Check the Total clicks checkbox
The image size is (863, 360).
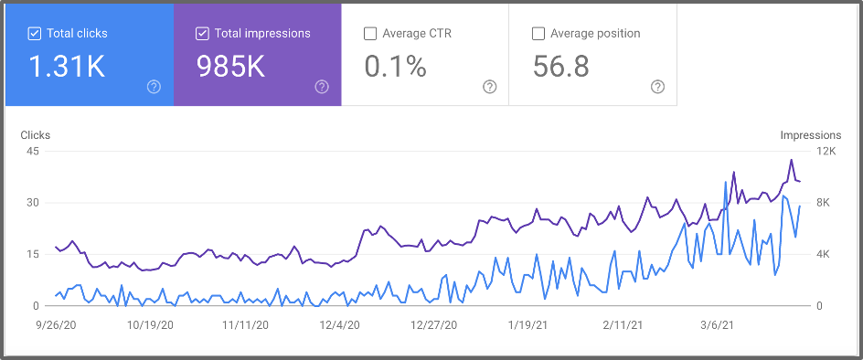click(x=35, y=34)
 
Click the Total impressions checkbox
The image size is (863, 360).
click(x=202, y=34)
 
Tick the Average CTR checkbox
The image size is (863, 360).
click(x=370, y=34)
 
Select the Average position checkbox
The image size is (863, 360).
click(x=538, y=34)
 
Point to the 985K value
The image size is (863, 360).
click(x=230, y=66)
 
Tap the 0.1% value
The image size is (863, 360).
click(x=395, y=66)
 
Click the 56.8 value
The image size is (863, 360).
click(x=561, y=66)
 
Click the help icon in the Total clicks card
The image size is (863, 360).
click(x=154, y=87)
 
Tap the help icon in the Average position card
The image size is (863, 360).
click(x=657, y=87)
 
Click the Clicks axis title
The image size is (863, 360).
click(x=36, y=135)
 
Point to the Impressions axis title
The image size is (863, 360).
click(x=810, y=135)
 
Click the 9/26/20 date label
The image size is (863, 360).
click(x=55, y=324)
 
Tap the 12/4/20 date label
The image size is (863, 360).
click(x=338, y=324)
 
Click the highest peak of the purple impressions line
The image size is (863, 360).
click(x=792, y=160)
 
